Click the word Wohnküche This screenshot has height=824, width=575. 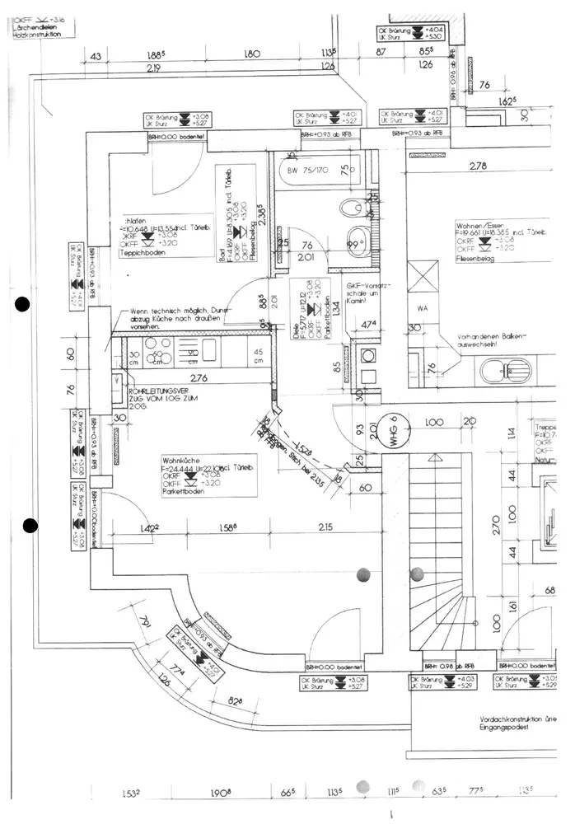point(183,461)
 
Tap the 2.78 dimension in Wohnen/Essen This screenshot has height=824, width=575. point(478,166)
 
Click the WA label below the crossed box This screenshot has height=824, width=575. point(423,309)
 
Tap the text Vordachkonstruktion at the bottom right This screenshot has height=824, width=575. point(519,718)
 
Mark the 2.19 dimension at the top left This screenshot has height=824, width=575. point(153,68)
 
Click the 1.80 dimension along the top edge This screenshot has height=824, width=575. point(253,54)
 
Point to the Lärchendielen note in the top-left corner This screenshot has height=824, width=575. point(35,32)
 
